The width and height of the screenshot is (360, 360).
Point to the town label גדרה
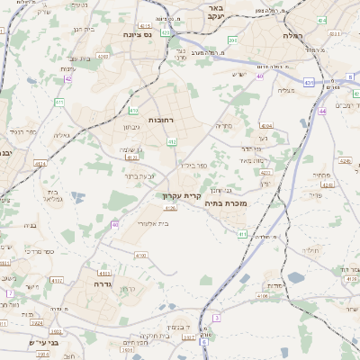coord(102,283)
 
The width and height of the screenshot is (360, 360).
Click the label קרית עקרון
coord(179,194)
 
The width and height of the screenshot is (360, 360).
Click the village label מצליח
coord(286,89)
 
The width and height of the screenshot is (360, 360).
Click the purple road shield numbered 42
coord(68,78)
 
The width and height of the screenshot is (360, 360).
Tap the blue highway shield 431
coord(309,82)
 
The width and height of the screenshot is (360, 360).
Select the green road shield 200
coord(232,40)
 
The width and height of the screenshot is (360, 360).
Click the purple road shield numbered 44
coord(321,111)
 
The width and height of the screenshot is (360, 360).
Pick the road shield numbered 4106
coord(261,295)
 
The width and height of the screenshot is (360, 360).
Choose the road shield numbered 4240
coord(102,56)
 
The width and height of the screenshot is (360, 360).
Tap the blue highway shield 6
coord(205,342)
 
